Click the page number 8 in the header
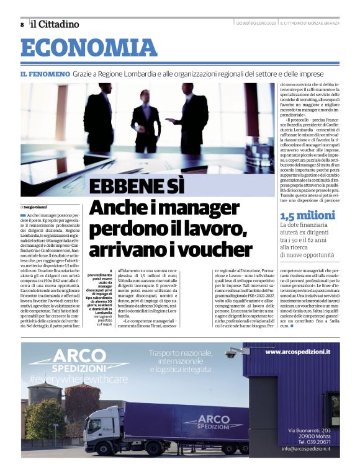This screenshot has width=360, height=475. pos(22,25)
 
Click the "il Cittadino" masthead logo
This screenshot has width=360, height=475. pos(55,24)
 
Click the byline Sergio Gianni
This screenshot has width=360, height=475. pos(36,206)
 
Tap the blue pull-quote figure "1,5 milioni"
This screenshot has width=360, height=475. pos(307,215)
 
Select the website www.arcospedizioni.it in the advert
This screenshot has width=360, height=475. pos(297,352)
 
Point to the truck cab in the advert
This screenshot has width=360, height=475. pos(101,427)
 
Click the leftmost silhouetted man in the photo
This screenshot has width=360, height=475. pos(99,121)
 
